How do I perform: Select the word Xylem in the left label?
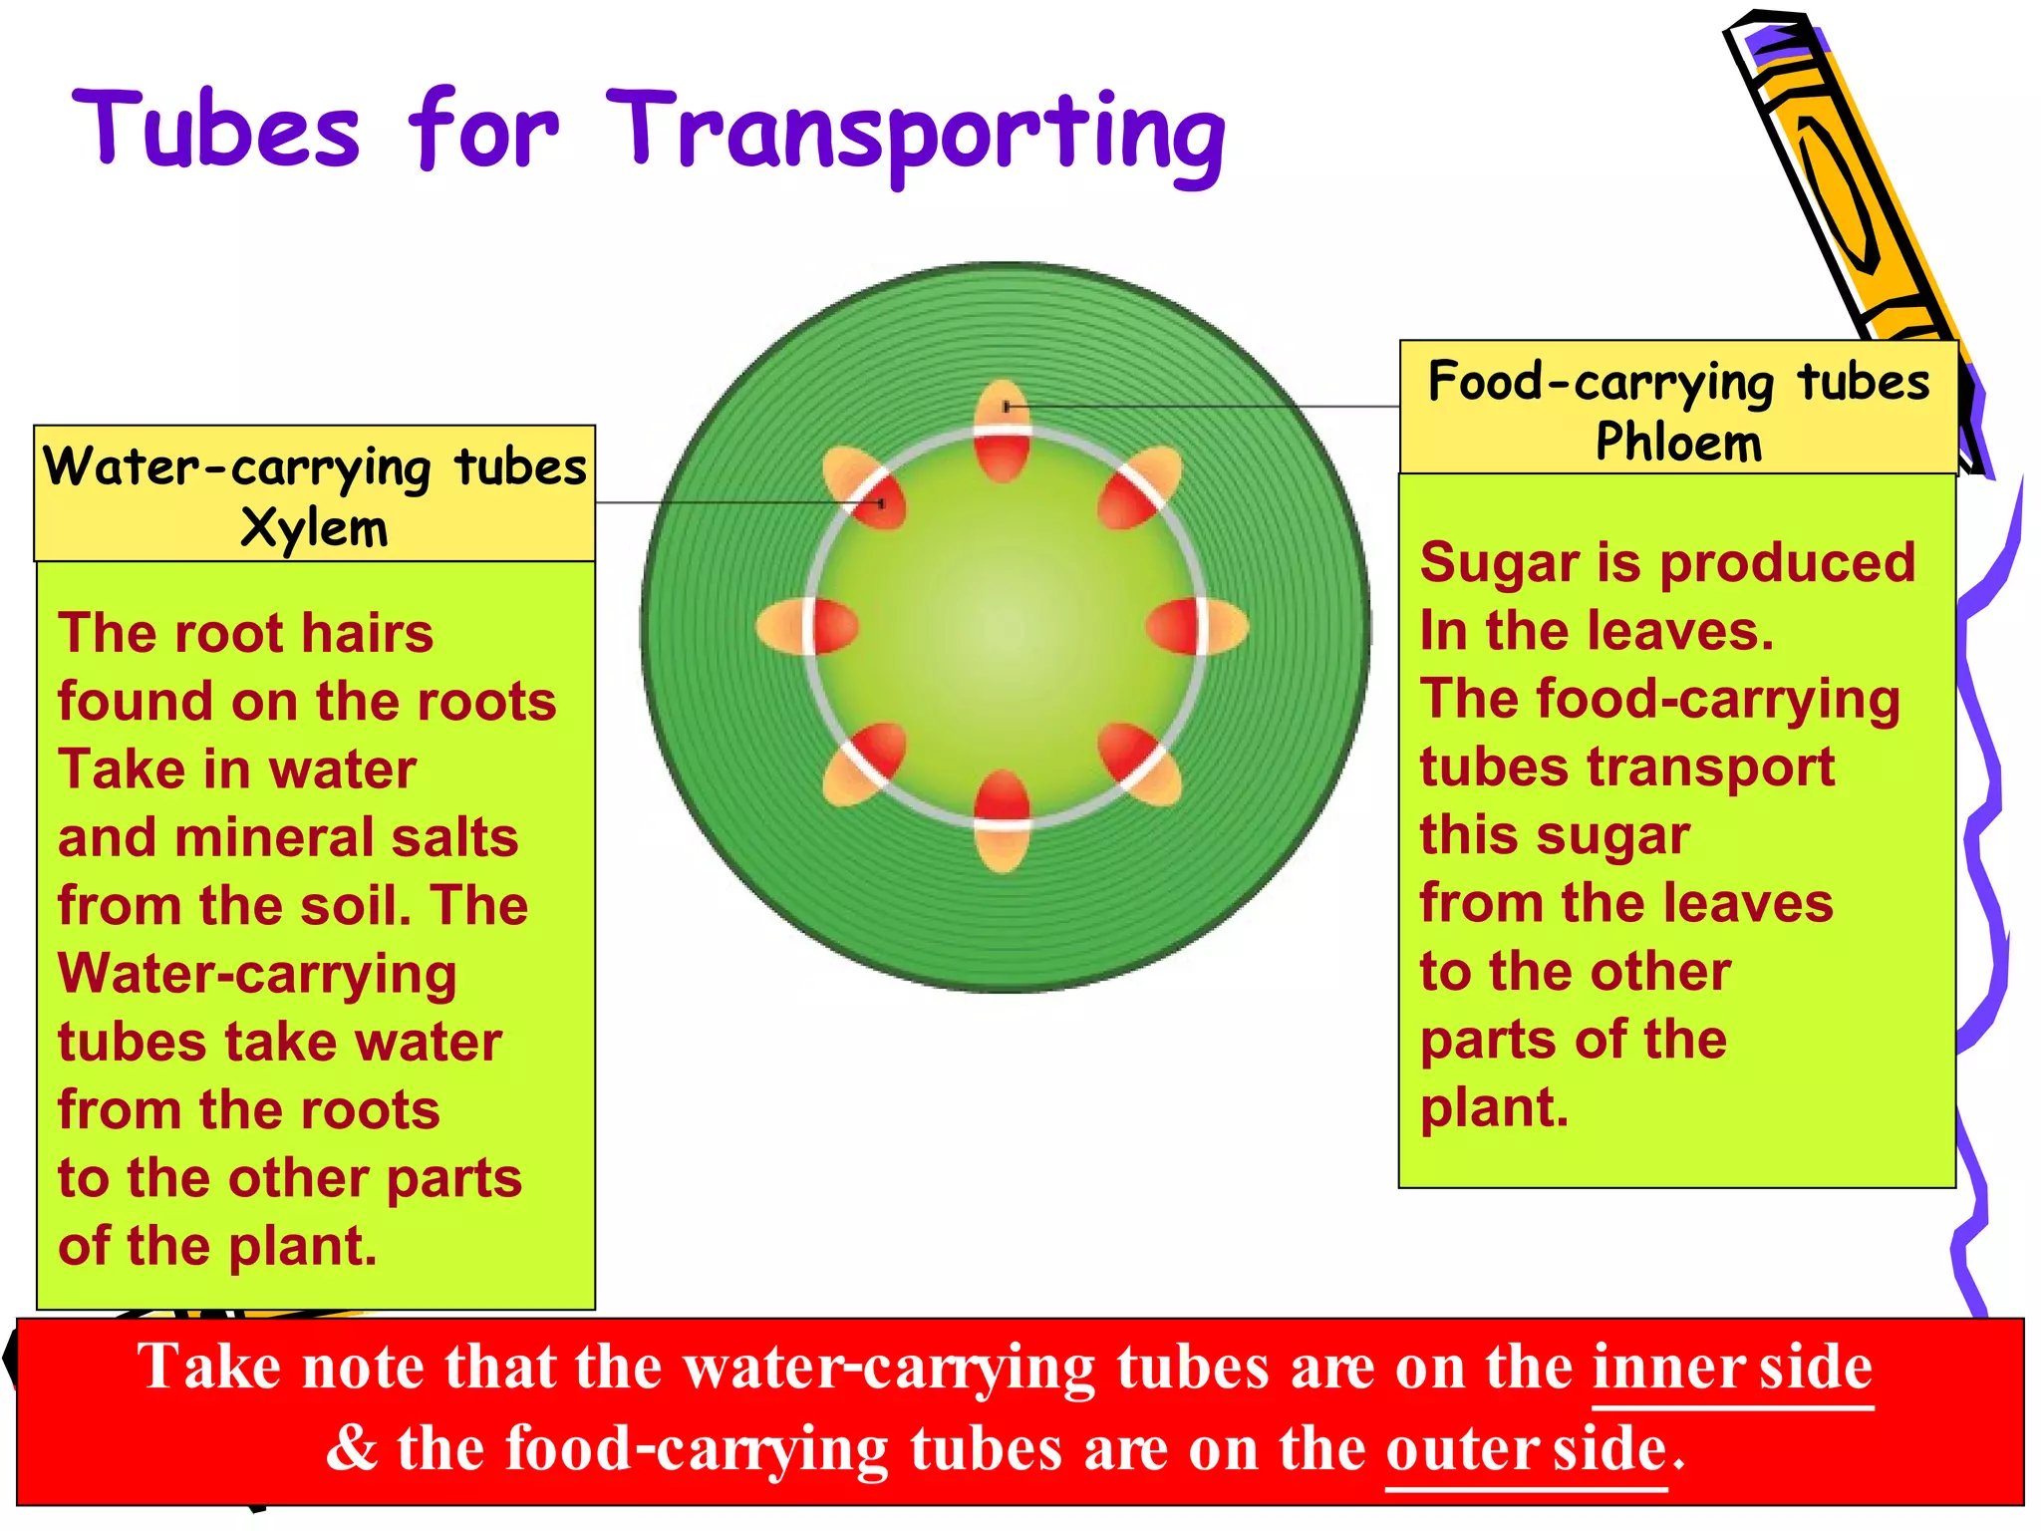[x=314, y=527]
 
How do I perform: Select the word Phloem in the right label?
[x=1678, y=442]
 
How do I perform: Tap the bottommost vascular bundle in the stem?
[x=1002, y=820]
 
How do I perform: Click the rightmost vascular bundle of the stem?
[x=1197, y=626]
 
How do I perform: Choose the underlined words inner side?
[x=1732, y=1368]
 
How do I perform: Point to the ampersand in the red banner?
[x=352, y=1449]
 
